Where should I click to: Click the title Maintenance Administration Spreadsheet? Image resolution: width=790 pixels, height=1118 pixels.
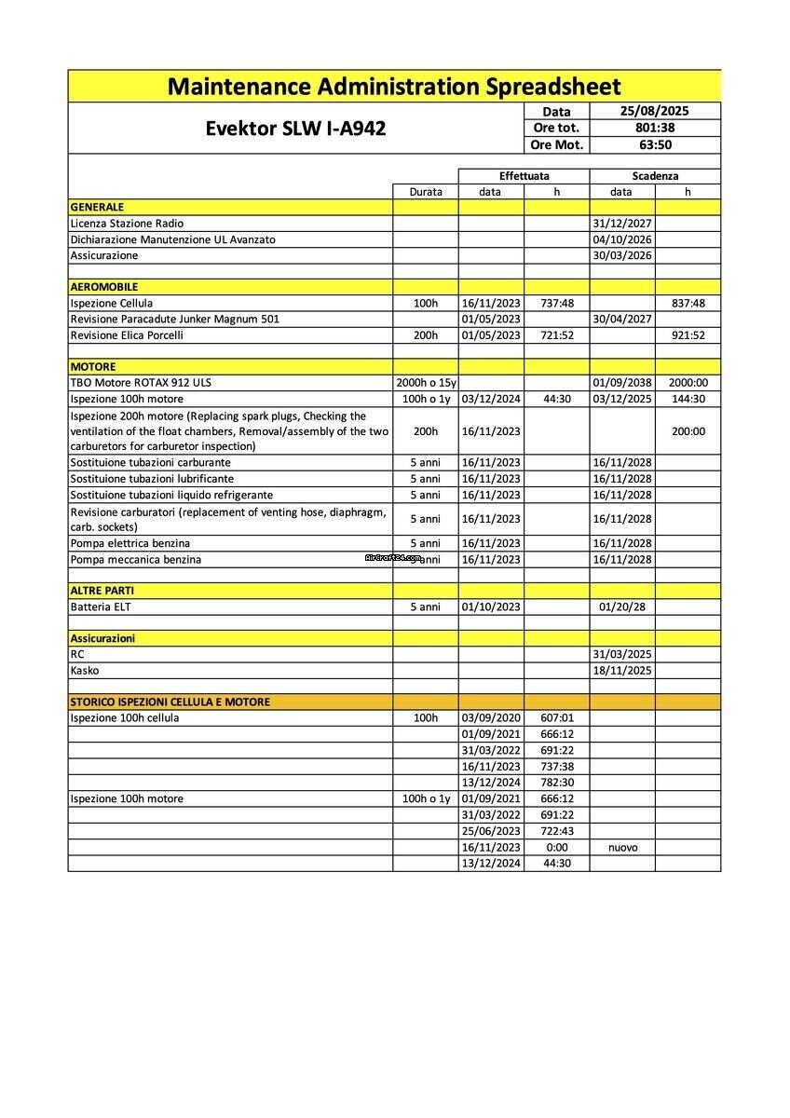394,87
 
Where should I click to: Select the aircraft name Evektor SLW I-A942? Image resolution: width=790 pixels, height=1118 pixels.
295,129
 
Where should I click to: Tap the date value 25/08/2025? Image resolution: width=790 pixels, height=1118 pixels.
655,111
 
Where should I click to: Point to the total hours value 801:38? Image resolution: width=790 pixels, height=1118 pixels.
655,128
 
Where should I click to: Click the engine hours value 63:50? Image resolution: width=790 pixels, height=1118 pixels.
655,144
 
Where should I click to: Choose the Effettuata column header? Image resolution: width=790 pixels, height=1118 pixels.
524,175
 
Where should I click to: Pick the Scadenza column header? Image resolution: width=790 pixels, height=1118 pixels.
655,175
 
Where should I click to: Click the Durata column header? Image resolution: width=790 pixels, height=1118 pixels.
426,192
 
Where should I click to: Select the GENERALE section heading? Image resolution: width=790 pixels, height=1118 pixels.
97,207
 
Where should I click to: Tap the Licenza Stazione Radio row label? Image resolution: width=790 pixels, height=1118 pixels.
127,224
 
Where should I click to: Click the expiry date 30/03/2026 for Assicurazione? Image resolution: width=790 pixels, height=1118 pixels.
621,255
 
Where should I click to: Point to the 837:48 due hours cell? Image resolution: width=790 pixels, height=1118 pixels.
688,303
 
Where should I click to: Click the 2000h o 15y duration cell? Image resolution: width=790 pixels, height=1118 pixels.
426,383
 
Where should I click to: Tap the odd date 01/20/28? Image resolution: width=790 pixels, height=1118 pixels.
621,607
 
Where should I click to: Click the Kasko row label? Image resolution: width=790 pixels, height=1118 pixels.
85,671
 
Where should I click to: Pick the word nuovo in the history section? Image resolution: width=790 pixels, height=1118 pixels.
621,848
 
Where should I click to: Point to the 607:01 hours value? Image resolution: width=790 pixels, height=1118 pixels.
557,718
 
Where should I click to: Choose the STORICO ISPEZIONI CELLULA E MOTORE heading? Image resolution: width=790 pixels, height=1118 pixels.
170,702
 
